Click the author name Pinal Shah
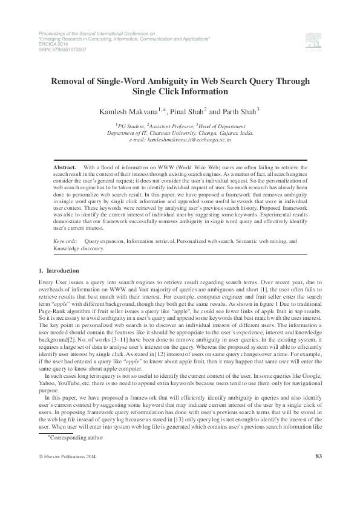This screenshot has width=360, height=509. [x=187, y=111]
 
